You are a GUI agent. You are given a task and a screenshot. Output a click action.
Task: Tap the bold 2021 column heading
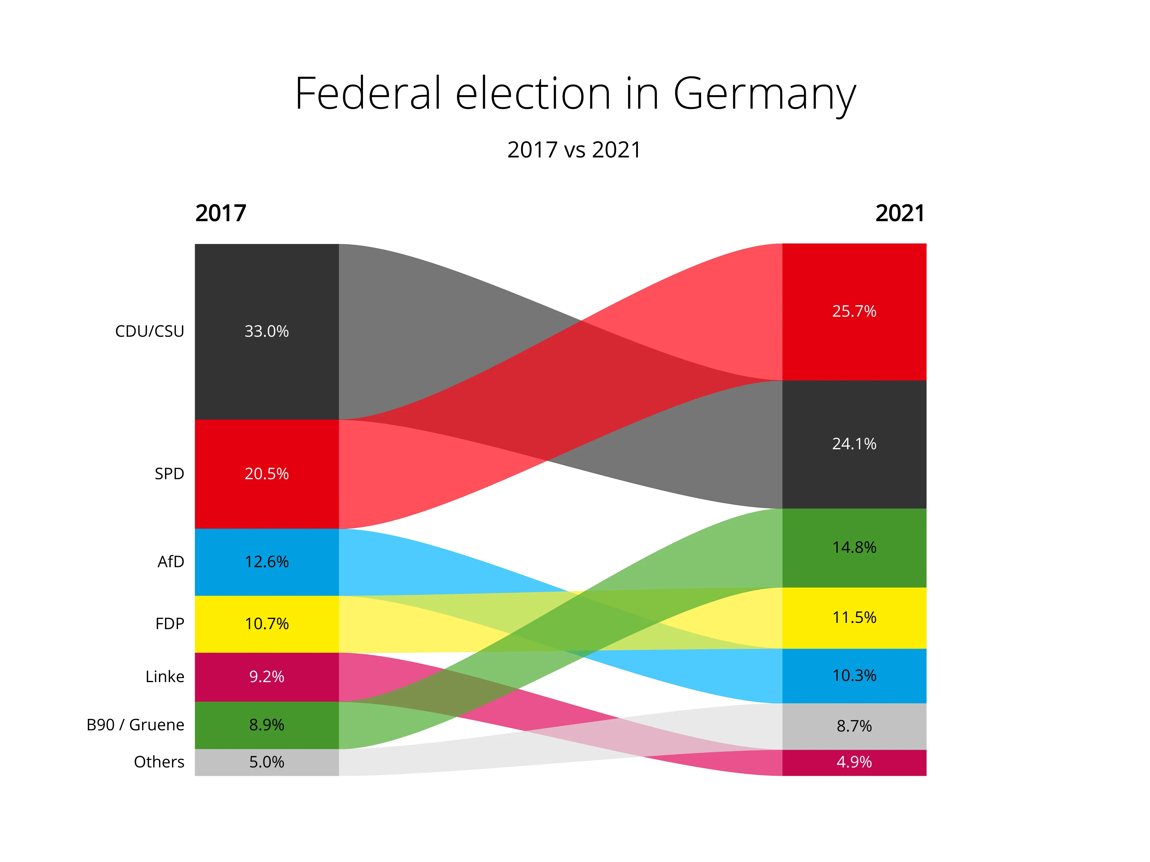coord(900,213)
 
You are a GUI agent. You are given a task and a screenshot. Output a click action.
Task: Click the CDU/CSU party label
coord(150,332)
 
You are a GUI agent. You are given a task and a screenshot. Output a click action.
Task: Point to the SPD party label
coord(170,474)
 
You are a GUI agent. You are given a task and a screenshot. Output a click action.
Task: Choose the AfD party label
coord(171,562)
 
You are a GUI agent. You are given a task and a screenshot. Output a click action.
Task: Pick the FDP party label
coord(170,623)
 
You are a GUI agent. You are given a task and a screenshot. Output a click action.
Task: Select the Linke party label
coord(165,676)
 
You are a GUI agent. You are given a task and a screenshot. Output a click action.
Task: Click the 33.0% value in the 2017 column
coord(267,332)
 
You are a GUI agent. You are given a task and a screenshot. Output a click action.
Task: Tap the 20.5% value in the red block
coord(267,474)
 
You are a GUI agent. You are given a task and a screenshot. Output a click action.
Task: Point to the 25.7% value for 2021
coord(854,311)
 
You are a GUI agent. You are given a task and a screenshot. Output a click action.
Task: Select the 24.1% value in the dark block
coord(854,444)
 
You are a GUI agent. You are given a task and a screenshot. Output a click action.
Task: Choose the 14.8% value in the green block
coord(854,547)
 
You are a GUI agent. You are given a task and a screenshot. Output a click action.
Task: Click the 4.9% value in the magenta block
coord(854,762)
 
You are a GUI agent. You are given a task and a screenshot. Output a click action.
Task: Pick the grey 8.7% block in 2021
coord(854,726)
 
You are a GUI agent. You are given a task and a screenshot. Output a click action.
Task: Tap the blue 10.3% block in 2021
coord(854,676)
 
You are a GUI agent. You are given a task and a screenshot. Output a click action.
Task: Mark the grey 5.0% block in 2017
coord(267,762)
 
